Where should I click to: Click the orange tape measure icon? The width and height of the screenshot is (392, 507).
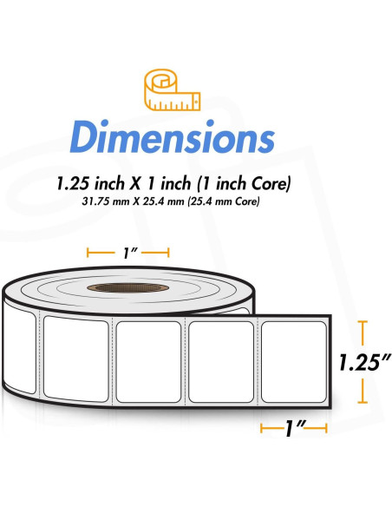pos(172,89)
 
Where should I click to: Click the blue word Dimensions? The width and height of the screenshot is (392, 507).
pos(173,137)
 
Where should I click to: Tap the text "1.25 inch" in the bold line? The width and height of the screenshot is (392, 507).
pos(90,183)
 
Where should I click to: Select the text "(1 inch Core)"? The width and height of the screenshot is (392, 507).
pos(244,183)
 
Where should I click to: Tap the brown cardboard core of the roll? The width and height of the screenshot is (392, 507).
pos(127,287)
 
